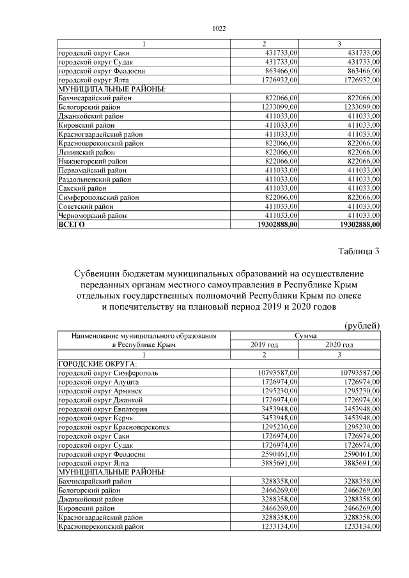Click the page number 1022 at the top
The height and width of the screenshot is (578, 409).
[219, 28]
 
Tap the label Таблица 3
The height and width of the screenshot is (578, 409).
[358, 251]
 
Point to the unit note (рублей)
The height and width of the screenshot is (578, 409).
[362, 326]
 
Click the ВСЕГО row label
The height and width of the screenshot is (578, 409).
[72, 225]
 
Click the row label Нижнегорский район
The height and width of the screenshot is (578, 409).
[93, 162]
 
